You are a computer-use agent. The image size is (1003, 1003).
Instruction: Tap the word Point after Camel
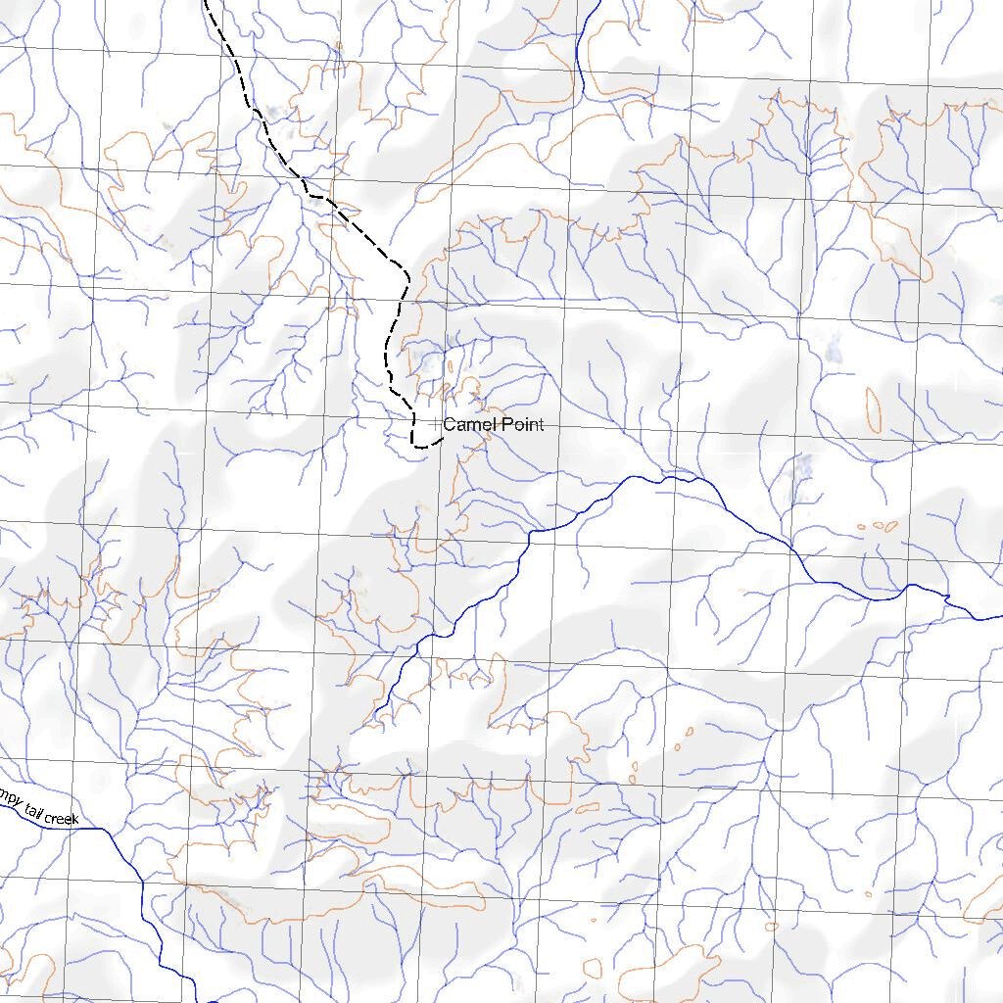522,424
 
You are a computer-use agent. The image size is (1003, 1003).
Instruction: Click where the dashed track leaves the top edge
206,2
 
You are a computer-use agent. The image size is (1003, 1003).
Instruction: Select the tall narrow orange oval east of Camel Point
873,408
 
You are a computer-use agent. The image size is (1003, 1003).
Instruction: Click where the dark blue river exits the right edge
1000,617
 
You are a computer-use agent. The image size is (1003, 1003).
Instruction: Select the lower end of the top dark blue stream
584,93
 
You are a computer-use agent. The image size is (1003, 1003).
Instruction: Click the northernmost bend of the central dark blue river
671,477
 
